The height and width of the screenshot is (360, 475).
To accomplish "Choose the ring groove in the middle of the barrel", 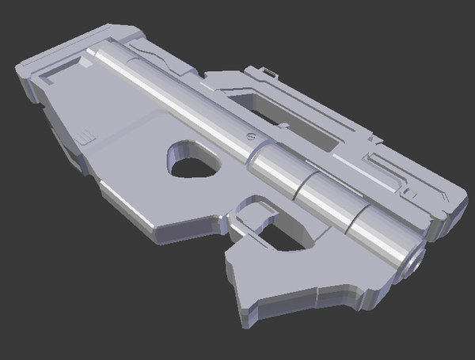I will [x=306, y=183].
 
